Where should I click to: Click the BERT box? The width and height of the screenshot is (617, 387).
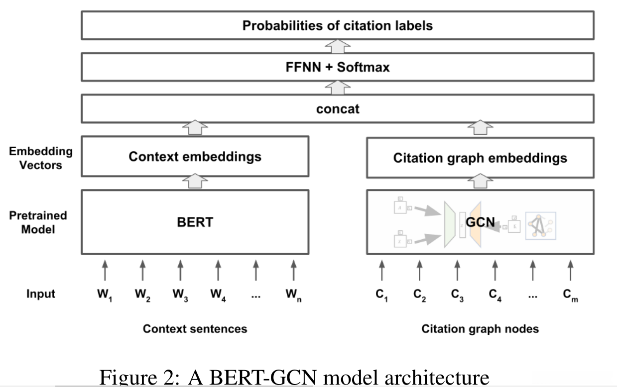pyautogui.click(x=194, y=222)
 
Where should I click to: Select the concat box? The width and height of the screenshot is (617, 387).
pyautogui.click(x=337, y=108)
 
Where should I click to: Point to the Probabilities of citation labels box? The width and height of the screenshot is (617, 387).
pyautogui.click(x=337, y=25)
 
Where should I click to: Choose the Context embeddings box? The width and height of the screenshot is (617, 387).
pyautogui.click(x=194, y=157)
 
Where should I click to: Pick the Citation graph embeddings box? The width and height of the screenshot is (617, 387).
pyautogui.click(x=480, y=158)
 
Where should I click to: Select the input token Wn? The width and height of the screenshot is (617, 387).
pyautogui.click(x=293, y=294)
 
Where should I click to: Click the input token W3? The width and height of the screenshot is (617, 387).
pyautogui.click(x=180, y=294)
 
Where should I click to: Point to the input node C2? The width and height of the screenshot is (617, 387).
pyautogui.click(x=419, y=294)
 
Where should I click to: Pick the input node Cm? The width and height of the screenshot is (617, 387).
pyautogui.click(x=570, y=294)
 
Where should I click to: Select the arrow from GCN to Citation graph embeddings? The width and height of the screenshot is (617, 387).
pyautogui.click(x=480, y=182)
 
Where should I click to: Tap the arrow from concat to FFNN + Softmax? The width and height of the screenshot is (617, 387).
pyautogui.click(x=337, y=88)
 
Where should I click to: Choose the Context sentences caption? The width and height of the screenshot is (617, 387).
pyautogui.click(x=195, y=329)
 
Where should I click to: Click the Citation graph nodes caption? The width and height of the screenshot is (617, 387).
pyautogui.click(x=480, y=329)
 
